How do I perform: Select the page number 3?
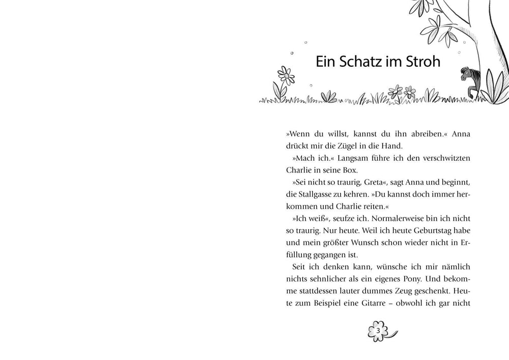(x=378, y=331)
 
